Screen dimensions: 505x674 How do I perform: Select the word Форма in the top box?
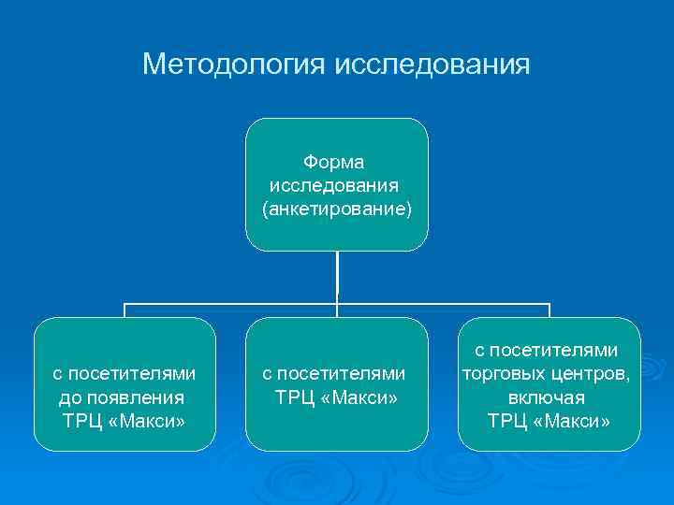pyautogui.click(x=337, y=163)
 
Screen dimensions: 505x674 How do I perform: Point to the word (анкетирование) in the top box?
pyautogui.click(x=337, y=208)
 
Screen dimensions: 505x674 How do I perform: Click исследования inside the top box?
pyautogui.click(x=337, y=185)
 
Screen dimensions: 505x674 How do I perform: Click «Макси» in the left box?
pyautogui.click(x=145, y=421)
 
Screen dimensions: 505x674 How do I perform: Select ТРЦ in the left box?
pyautogui.click(x=81, y=421)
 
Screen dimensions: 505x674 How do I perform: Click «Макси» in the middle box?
pyautogui.click(x=358, y=397)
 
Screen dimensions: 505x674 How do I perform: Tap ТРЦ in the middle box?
pyautogui.click(x=294, y=397)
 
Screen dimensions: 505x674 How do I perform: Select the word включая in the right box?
pyautogui.click(x=549, y=397)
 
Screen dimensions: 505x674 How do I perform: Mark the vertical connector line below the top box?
pyautogui.click(x=337, y=277)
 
